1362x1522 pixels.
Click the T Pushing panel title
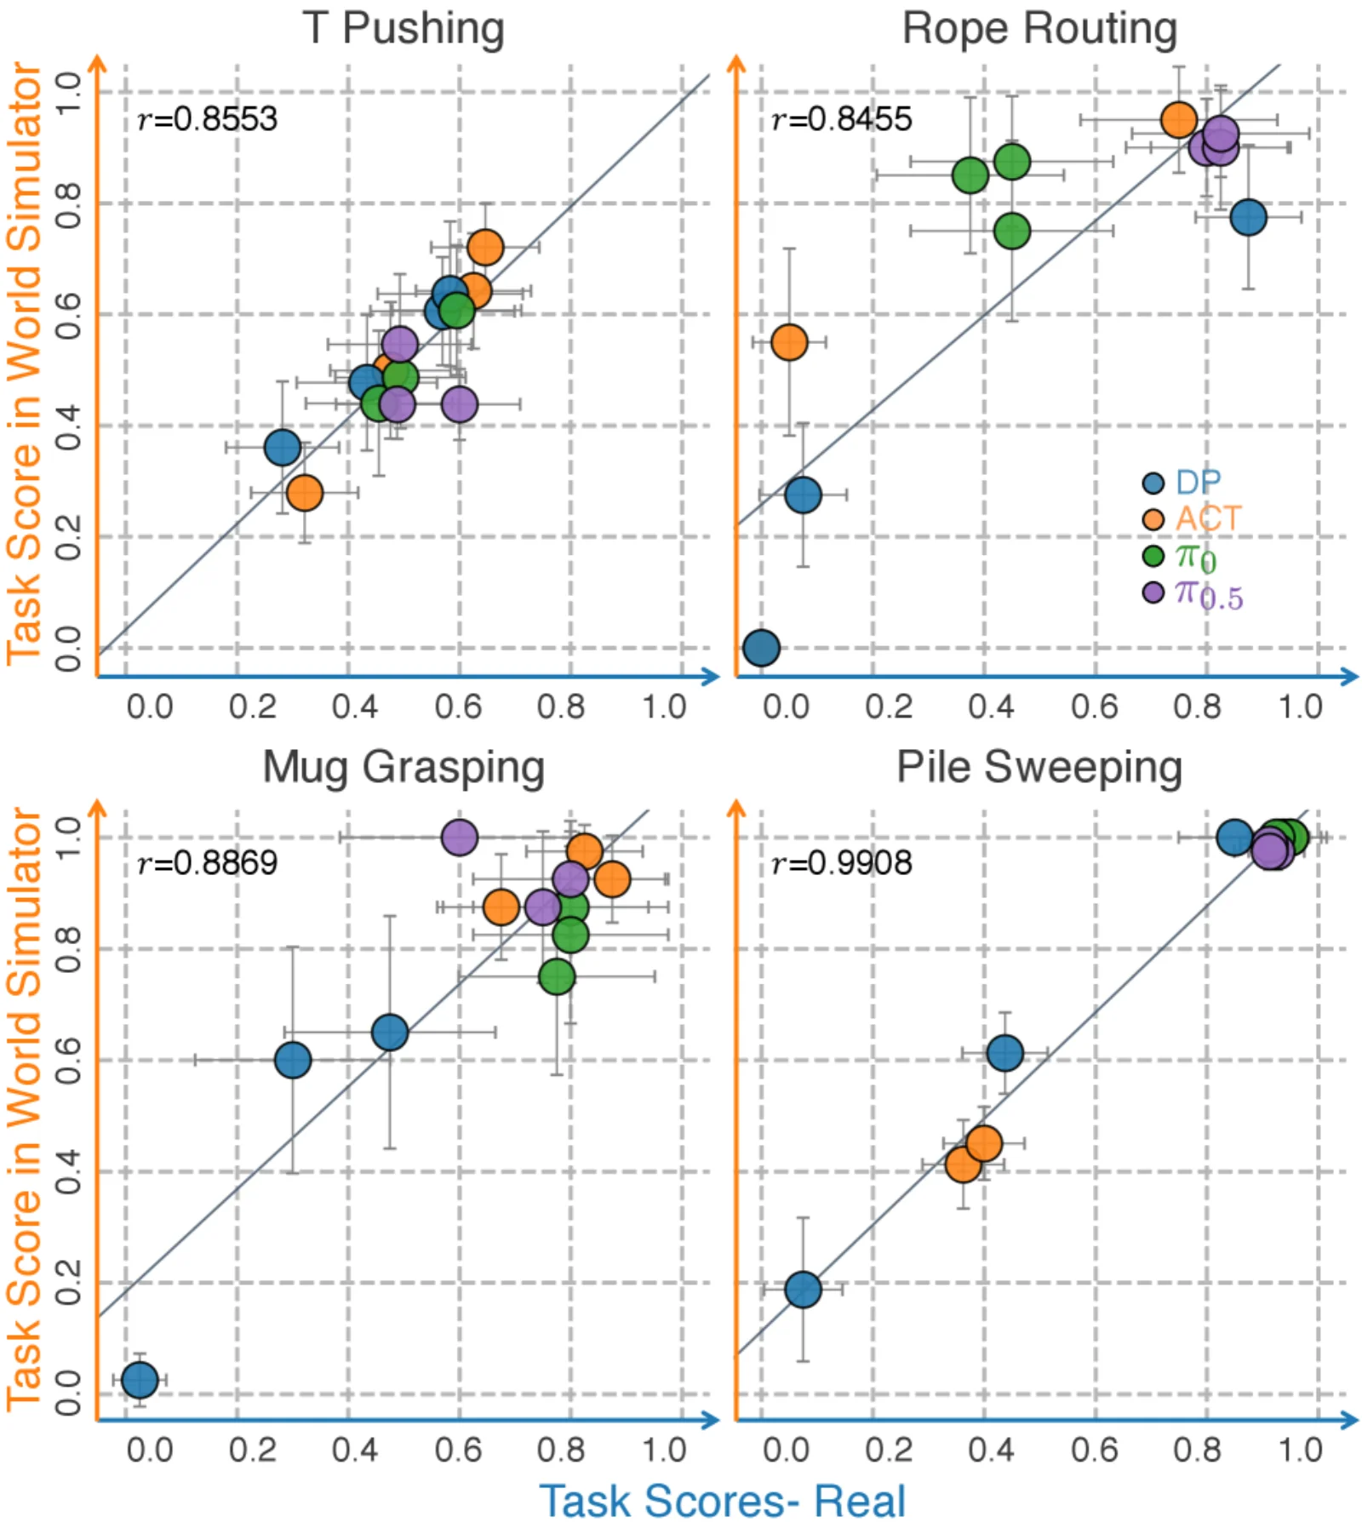click(x=403, y=29)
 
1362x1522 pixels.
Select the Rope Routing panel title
click(x=1039, y=29)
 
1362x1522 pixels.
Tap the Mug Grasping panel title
click(x=403, y=768)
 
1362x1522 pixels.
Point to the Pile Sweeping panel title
click(x=1039, y=768)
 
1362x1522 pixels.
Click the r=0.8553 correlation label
click(x=208, y=119)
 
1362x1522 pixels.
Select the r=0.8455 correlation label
click(x=842, y=119)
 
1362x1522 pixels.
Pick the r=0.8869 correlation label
click(x=208, y=863)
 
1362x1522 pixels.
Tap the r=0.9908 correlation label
click(x=842, y=863)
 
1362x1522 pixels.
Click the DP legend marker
click(x=1153, y=483)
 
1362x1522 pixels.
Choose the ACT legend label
click(x=1209, y=518)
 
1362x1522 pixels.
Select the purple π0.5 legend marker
click(x=1153, y=592)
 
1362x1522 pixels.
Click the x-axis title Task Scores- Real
click(x=723, y=1500)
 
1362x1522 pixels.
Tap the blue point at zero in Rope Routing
click(x=761, y=648)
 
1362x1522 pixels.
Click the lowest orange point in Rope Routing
click(x=789, y=342)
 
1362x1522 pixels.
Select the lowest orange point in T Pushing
click(x=305, y=492)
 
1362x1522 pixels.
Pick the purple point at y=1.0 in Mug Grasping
click(x=460, y=838)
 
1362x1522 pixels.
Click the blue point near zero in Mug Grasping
click(x=140, y=1380)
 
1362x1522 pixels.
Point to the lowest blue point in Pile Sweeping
click(x=803, y=1289)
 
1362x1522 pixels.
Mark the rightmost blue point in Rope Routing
click(x=1248, y=218)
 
